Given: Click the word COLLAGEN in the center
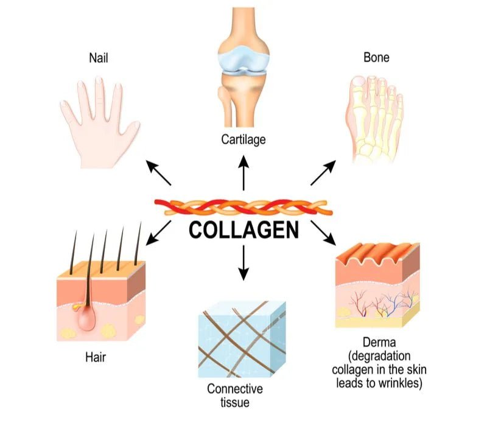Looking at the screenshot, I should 243,231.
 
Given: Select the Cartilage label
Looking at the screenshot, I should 243,139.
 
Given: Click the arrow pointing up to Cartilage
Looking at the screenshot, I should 243,172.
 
